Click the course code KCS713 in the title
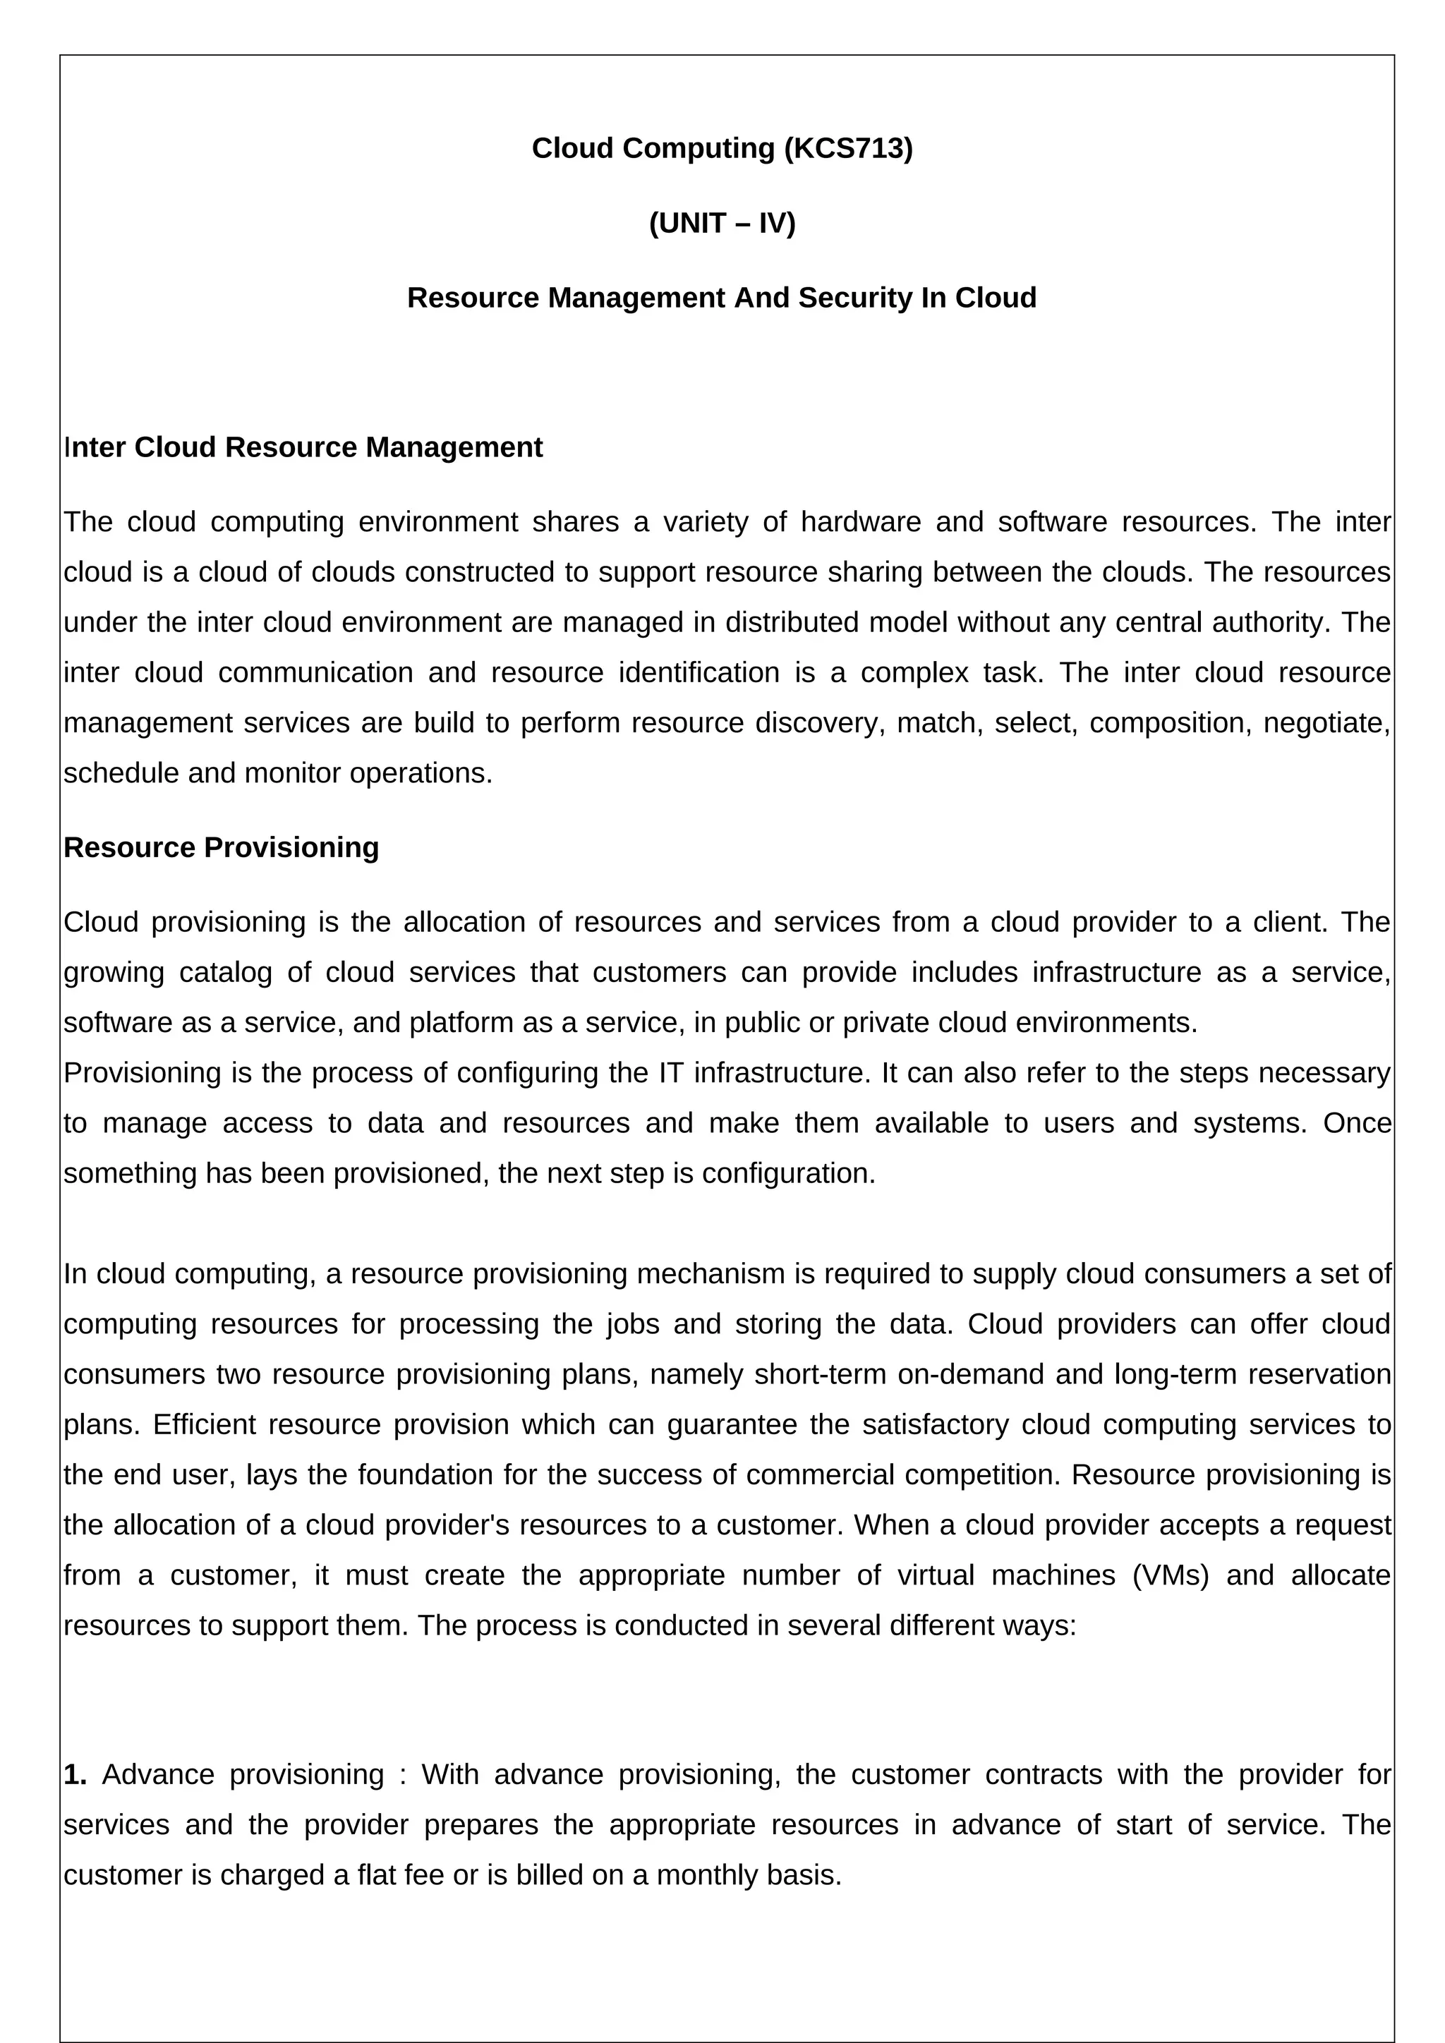(x=848, y=149)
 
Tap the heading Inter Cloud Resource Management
(x=303, y=447)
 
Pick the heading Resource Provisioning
(x=221, y=847)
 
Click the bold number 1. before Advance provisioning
(x=75, y=1774)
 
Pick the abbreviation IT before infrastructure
(x=672, y=1073)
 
